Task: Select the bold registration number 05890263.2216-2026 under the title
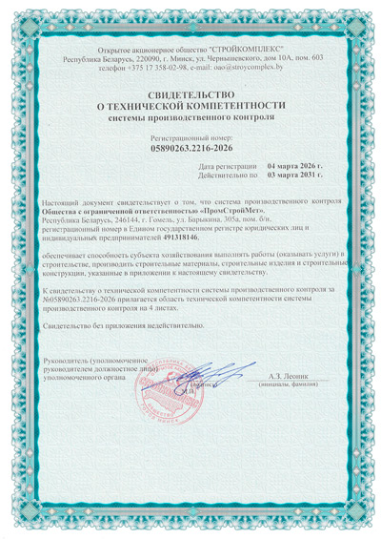coord(190,149)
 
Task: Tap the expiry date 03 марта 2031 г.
coord(295,176)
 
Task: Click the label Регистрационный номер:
coord(190,136)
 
